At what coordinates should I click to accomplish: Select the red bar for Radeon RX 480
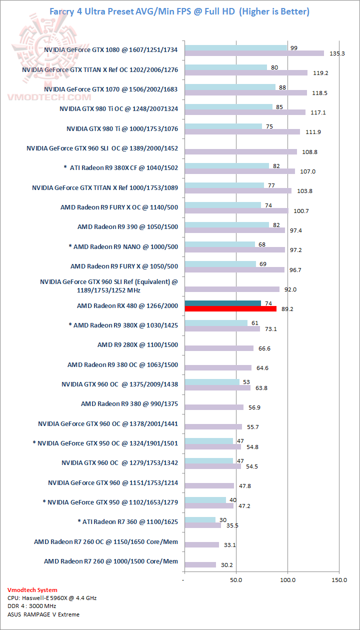pyautogui.click(x=230, y=309)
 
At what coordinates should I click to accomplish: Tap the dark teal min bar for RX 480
pyautogui.click(x=223, y=303)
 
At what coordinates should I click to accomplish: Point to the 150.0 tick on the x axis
pyautogui.click(x=339, y=580)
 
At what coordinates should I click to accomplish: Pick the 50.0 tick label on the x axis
pyautogui.click(x=236, y=580)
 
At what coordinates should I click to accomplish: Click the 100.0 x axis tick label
pyautogui.click(x=287, y=580)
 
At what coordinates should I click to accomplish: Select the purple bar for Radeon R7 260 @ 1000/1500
pyautogui.click(x=200, y=564)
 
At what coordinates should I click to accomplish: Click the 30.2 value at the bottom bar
pyautogui.click(x=227, y=564)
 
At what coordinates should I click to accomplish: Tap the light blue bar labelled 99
pyautogui.click(x=236, y=48)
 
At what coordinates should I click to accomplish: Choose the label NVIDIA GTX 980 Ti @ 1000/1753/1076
pyautogui.click(x=122, y=129)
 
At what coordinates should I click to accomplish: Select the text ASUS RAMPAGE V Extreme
pyautogui.click(x=43, y=614)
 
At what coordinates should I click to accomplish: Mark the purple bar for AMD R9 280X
pyautogui.click(x=219, y=348)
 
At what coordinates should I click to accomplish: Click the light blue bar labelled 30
pyautogui.click(x=200, y=520)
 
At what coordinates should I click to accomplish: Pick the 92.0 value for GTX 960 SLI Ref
pyautogui.click(x=290, y=289)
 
